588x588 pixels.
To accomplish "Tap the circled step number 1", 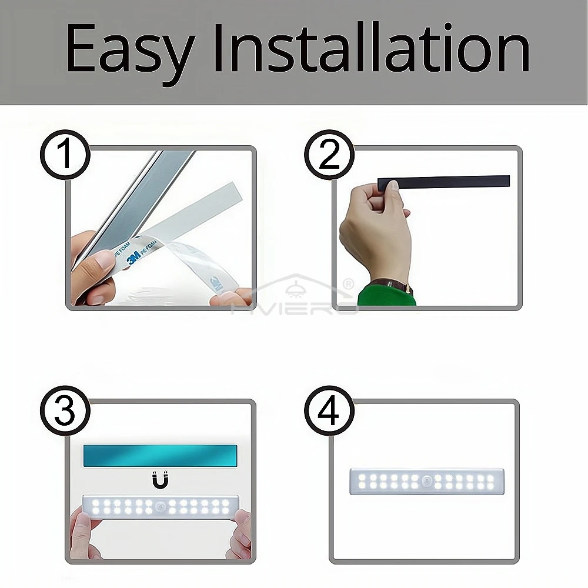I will (65, 155).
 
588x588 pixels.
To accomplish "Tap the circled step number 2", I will (329, 155).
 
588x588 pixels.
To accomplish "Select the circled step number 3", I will (65, 410).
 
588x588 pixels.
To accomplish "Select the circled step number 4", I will (329, 410).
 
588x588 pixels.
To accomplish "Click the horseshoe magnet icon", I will (160, 480).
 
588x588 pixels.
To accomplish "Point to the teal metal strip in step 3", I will (160, 456).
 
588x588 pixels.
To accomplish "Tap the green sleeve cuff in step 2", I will (386, 295).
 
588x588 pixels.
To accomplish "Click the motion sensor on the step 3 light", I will (160, 506).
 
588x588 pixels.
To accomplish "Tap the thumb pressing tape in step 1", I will (97, 265).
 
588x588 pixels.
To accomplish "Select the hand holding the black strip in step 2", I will (373, 229).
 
